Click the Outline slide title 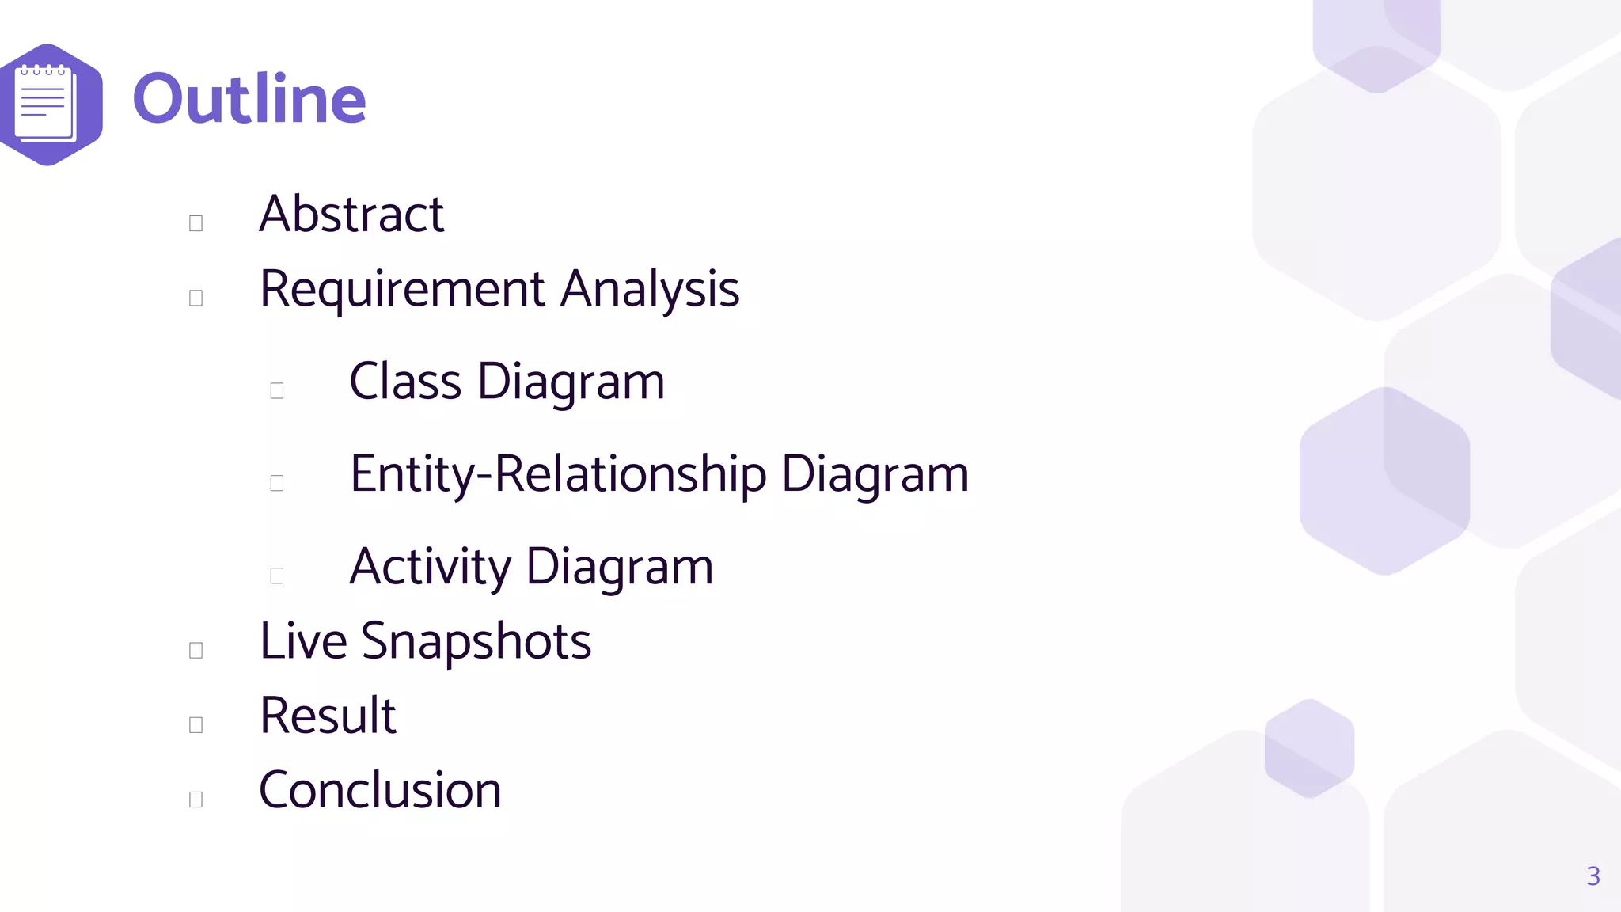[x=249, y=100]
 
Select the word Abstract [x=351, y=215]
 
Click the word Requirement [x=402, y=290]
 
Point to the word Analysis [x=650, y=290]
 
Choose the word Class [x=405, y=382]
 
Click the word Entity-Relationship [x=558, y=475]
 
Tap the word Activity [x=431, y=568]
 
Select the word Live [x=303, y=640]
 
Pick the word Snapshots [x=476, y=642]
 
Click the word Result [x=328, y=716]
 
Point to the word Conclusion [x=380, y=790]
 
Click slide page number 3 [x=1593, y=876]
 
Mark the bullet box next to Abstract [x=196, y=223]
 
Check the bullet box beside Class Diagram [x=277, y=390]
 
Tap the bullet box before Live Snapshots [x=196, y=650]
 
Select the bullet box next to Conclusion [x=196, y=800]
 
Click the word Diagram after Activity [x=619, y=568]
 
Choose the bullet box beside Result [x=196, y=725]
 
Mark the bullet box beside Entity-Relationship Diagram [x=277, y=483]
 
